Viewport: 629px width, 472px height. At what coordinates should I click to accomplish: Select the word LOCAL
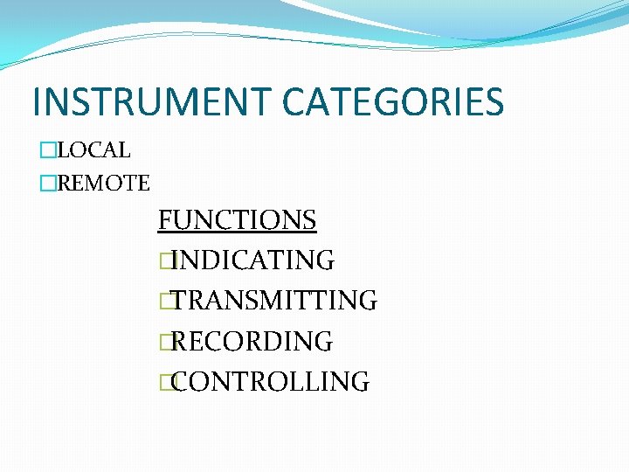coord(93,150)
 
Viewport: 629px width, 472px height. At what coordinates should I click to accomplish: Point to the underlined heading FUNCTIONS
coord(237,219)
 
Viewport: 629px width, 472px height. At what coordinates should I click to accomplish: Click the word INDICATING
coord(253,260)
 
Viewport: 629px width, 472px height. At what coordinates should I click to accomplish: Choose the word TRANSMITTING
coord(275,301)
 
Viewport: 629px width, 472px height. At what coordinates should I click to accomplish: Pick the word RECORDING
coord(252,341)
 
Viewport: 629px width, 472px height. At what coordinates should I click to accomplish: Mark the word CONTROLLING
coord(271,381)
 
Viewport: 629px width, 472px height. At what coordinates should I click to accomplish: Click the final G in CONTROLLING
coord(359,381)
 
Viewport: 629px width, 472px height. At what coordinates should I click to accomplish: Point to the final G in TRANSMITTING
coord(367,301)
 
